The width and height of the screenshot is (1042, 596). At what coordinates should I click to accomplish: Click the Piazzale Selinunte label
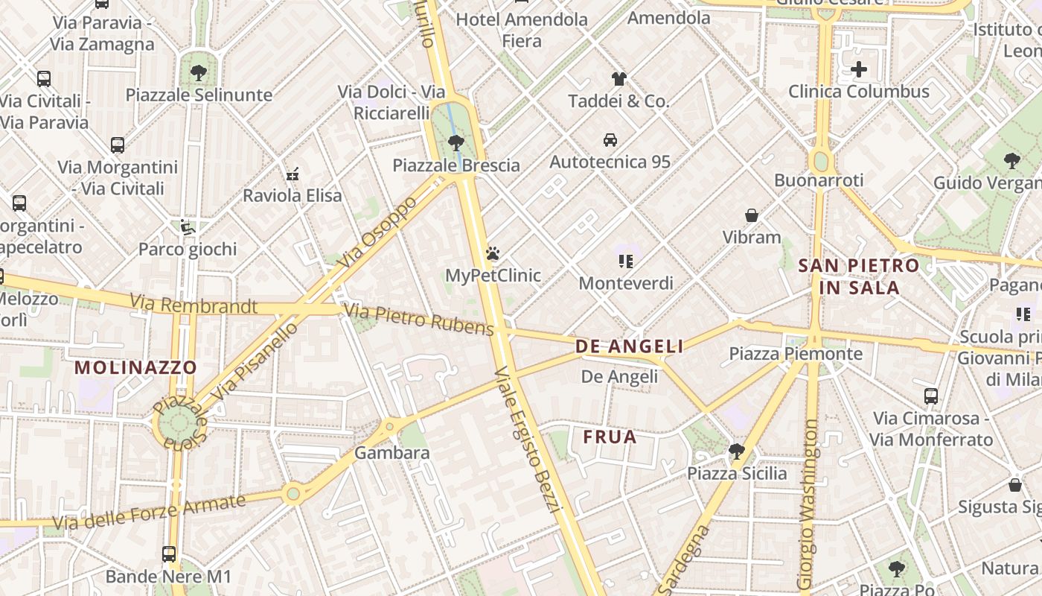(x=199, y=95)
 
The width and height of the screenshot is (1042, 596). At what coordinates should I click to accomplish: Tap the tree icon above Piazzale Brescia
(x=456, y=142)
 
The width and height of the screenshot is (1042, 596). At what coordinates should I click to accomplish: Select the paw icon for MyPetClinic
(x=492, y=253)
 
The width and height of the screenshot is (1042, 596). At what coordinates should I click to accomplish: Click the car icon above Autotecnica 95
(x=610, y=139)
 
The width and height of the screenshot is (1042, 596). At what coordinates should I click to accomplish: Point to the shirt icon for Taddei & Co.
(x=619, y=78)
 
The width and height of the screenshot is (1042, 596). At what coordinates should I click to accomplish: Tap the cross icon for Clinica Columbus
(x=859, y=69)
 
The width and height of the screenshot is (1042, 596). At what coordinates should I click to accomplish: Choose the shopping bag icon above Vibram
(x=752, y=215)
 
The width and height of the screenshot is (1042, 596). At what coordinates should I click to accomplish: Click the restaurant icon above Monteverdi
(x=626, y=261)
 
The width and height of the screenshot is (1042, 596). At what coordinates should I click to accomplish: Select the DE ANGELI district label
(x=629, y=346)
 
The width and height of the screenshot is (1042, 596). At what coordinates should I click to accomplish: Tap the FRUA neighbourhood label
(x=610, y=437)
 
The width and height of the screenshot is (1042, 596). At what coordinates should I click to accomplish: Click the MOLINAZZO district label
(x=135, y=367)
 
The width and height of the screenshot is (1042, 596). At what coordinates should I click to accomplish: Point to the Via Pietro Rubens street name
(x=419, y=320)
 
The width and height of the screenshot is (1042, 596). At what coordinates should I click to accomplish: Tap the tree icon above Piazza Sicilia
(x=736, y=451)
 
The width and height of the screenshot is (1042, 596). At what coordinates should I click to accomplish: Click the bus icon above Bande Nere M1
(x=169, y=554)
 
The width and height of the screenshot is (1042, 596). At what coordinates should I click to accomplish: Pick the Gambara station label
(x=391, y=453)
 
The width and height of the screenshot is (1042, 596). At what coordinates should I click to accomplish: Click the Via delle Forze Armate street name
(x=150, y=513)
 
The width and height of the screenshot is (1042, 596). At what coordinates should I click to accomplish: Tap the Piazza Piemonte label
(x=796, y=354)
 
